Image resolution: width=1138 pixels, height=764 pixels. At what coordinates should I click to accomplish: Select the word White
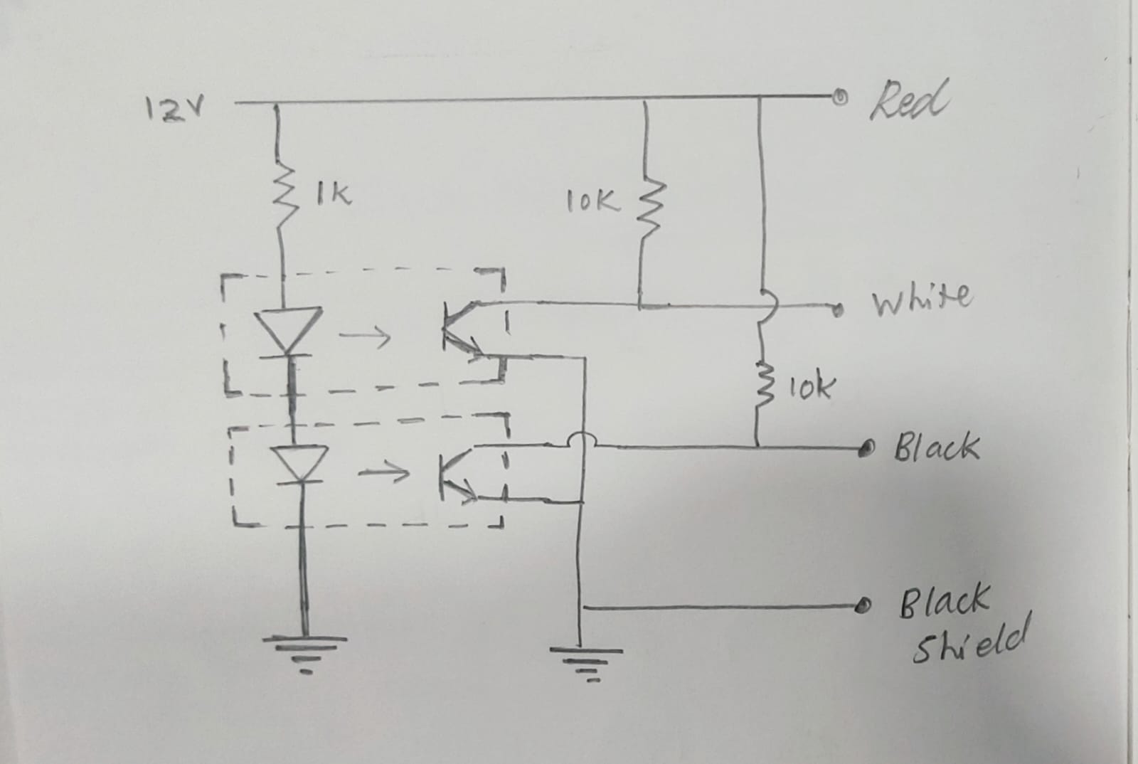pos(921,297)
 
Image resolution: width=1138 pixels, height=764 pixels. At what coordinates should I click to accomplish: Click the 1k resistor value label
pos(334,193)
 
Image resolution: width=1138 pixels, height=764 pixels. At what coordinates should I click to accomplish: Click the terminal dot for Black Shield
pos(865,606)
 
